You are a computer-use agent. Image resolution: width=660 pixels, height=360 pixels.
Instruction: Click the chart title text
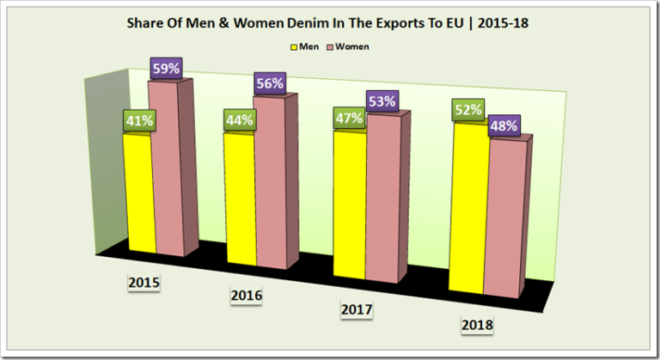click(329, 23)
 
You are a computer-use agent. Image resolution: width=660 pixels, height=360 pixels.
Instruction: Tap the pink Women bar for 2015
click(166, 172)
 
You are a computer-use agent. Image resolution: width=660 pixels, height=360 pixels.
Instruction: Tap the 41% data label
click(137, 120)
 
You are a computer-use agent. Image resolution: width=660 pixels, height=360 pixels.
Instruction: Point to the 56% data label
click(269, 84)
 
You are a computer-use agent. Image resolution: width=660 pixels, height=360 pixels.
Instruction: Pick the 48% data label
click(503, 125)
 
